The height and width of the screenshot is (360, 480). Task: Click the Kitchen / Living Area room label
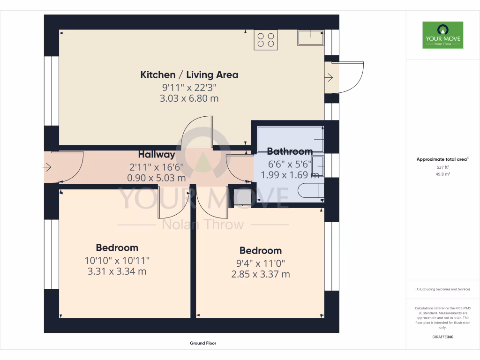pyautogui.click(x=189, y=75)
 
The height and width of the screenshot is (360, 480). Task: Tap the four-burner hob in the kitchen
pyautogui.click(x=265, y=40)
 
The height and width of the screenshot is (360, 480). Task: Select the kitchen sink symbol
pyautogui.click(x=310, y=38)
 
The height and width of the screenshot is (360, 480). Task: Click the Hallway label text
pyautogui.click(x=157, y=154)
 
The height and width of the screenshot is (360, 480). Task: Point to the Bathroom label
pyautogui.click(x=290, y=151)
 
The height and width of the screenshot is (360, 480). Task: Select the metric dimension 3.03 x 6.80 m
pyautogui.click(x=189, y=99)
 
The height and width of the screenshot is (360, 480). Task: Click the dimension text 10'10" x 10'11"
pyautogui.click(x=117, y=260)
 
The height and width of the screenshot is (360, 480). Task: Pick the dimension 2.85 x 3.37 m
pyautogui.click(x=260, y=274)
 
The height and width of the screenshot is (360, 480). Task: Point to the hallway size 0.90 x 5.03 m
pyautogui.click(x=157, y=178)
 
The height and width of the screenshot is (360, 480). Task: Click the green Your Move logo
pyautogui.click(x=442, y=35)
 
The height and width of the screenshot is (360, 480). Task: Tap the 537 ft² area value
pyautogui.click(x=442, y=167)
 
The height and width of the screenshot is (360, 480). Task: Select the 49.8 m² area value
pyautogui.click(x=442, y=174)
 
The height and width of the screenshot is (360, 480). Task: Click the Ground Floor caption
pyautogui.click(x=203, y=343)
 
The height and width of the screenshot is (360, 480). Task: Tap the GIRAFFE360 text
pyautogui.click(x=442, y=337)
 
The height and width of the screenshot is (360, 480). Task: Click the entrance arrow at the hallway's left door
pyautogui.click(x=47, y=167)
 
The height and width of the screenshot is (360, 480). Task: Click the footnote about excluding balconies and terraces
pyautogui.click(x=442, y=289)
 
